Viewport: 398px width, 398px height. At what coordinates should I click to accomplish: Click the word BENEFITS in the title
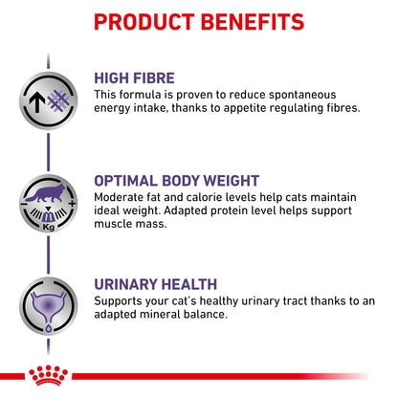click(x=257, y=21)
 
